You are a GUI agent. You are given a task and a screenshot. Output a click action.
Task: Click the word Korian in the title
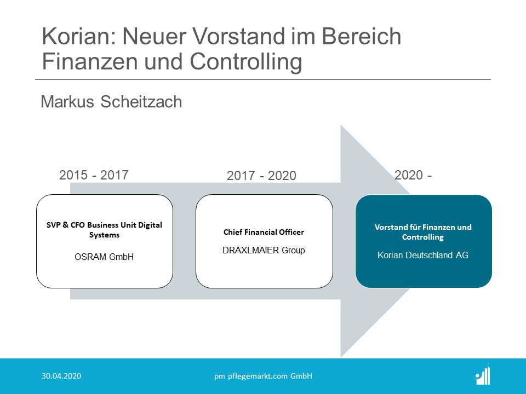pyautogui.click(x=79, y=36)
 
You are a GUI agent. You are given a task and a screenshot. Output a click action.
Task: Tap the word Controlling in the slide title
pyautogui.click(x=246, y=62)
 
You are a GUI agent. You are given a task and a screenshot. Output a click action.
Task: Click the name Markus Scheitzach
pyautogui.click(x=111, y=102)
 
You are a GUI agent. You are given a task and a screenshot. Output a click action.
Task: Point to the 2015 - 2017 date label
pyautogui.click(x=94, y=175)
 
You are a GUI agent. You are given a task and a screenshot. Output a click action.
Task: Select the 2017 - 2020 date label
pyautogui.click(x=262, y=176)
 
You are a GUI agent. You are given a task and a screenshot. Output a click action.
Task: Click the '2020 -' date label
pyautogui.click(x=413, y=175)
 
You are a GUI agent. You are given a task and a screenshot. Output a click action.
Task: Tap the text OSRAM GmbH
pyautogui.click(x=104, y=257)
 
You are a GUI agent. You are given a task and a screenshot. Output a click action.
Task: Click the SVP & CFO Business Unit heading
pyautogui.click(x=104, y=230)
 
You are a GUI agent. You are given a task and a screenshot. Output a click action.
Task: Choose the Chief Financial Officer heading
pyautogui.click(x=264, y=232)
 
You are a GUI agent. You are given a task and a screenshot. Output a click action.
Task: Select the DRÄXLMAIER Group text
pyautogui.click(x=264, y=250)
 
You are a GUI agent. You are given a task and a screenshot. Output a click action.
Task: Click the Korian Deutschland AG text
pyautogui.click(x=423, y=256)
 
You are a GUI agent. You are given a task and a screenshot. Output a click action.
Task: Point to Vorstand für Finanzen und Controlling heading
pyautogui.click(x=423, y=232)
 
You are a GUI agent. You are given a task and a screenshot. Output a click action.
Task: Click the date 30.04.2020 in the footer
pyautogui.click(x=61, y=376)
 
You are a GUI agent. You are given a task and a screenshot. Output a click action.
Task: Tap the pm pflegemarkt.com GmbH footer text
pyautogui.click(x=264, y=376)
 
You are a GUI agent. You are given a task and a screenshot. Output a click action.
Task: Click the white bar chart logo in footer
pyautogui.click(x=483, y=375)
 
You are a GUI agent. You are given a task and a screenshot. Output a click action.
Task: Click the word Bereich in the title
pyautogui.click(x=361, y=36)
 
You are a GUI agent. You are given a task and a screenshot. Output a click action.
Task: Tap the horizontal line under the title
pyautogui.click(x=263, y=79)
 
